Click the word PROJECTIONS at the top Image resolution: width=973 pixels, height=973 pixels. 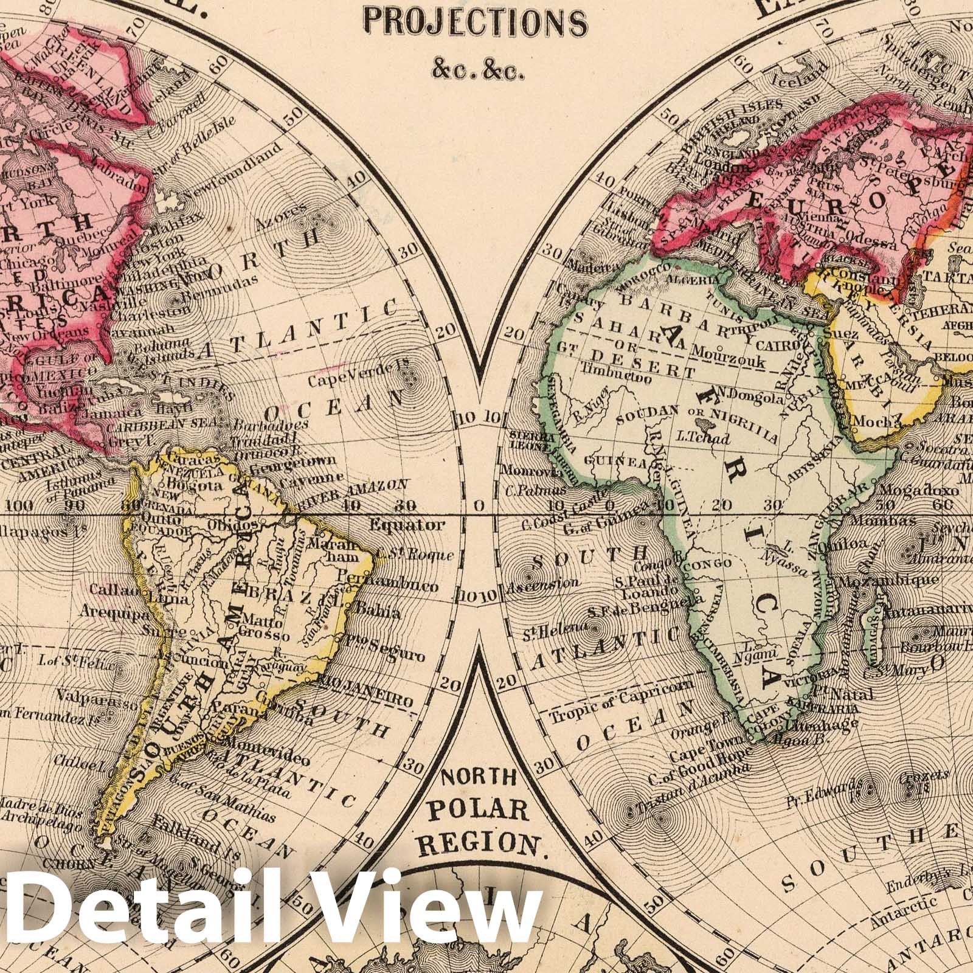[475, 23]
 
